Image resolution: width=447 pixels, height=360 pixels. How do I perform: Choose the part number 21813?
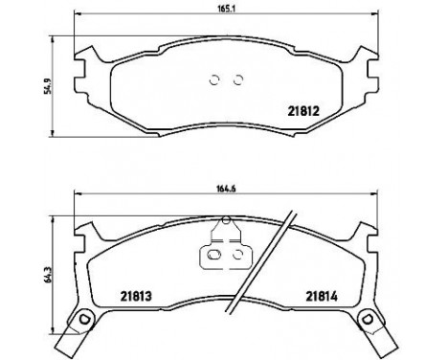[x=136, y=296]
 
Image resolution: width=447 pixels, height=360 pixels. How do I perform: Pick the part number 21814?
[x=323, y=296]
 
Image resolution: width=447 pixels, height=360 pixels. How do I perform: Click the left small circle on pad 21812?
[x=215, y=80]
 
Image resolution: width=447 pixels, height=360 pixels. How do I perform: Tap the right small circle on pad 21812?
[x=237, y=80]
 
